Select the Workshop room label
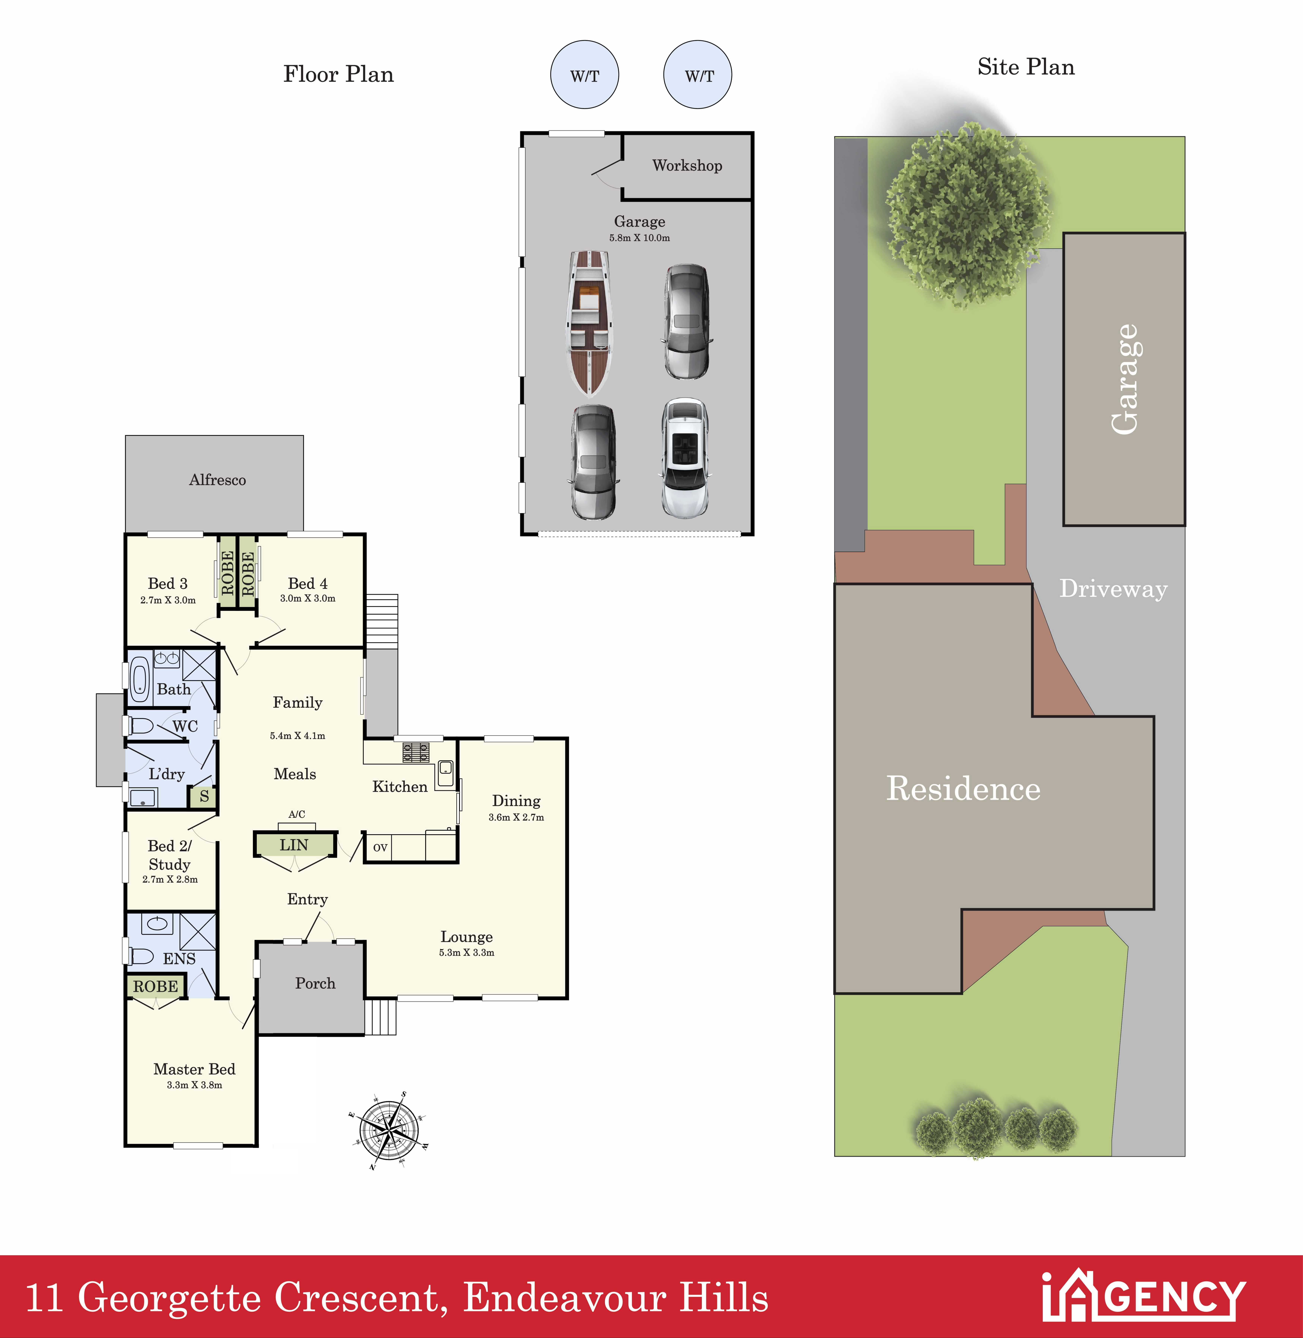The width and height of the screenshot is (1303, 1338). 687,166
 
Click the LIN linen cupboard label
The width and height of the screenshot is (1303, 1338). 294,845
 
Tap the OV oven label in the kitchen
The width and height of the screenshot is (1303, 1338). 380,847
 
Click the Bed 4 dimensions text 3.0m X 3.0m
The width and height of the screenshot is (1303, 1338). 308,598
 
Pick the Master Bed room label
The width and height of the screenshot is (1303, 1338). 194,1069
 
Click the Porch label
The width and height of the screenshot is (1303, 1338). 315,983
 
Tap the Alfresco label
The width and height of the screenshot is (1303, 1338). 218,480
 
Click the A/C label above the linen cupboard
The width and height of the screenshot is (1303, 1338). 297,814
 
